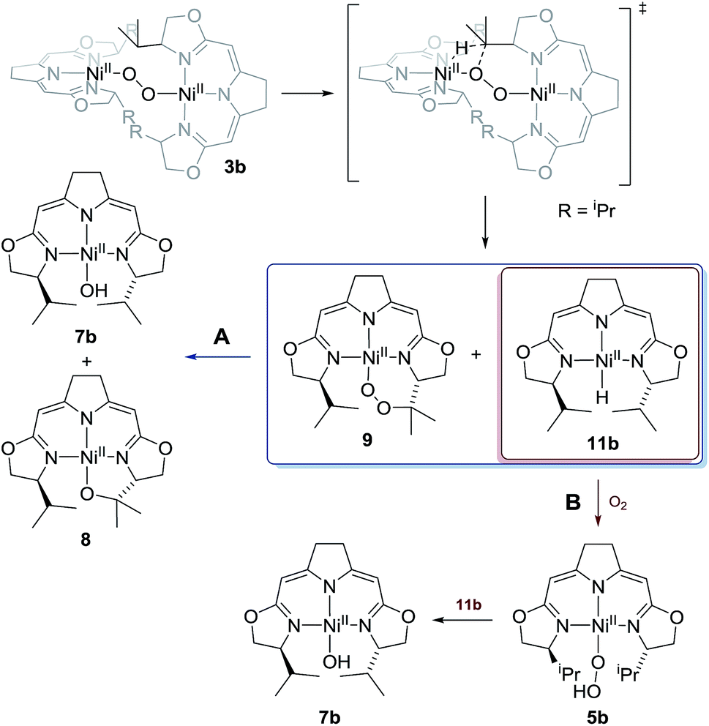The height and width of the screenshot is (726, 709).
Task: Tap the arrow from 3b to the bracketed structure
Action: point(306,94)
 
